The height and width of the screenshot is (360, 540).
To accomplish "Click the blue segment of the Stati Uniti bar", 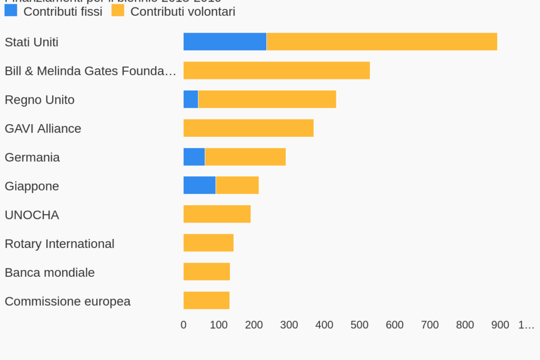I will tap(225, 42).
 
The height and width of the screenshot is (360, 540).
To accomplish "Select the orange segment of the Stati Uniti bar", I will tap(382, 42).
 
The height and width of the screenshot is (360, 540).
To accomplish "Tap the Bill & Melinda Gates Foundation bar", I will tap(276, 71).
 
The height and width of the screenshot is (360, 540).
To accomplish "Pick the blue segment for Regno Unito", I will tap(191, 99).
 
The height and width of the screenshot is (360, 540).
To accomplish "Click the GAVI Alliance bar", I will tap(248, 128).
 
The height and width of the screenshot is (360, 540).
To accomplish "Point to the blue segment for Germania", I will tap(194, 157).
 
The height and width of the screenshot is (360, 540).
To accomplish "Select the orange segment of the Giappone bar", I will tap(237, 186).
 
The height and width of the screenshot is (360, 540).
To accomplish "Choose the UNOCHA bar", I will tap(217, 214).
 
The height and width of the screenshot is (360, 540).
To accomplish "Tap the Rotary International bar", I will tap(208, 243).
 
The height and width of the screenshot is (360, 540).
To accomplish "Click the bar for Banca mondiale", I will tap(206, 272).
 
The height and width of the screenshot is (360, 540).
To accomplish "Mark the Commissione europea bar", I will tap(206, 301).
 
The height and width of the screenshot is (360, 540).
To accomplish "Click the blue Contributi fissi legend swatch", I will tap(11, 11).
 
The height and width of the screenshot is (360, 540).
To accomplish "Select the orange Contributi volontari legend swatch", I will tap(118, 11).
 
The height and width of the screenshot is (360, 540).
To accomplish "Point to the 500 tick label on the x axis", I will tap(359, 325).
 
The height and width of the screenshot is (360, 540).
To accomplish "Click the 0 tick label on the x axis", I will tap(183, 325).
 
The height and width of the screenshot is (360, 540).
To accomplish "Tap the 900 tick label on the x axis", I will tap(500, 325).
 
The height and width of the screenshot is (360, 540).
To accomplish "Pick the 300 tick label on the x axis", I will tap(289, 325).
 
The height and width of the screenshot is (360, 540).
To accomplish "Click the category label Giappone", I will tap(32, 186).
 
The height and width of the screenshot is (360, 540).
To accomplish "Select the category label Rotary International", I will tap(59, 244).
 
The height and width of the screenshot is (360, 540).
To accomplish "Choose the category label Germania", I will tap(32, 157).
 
